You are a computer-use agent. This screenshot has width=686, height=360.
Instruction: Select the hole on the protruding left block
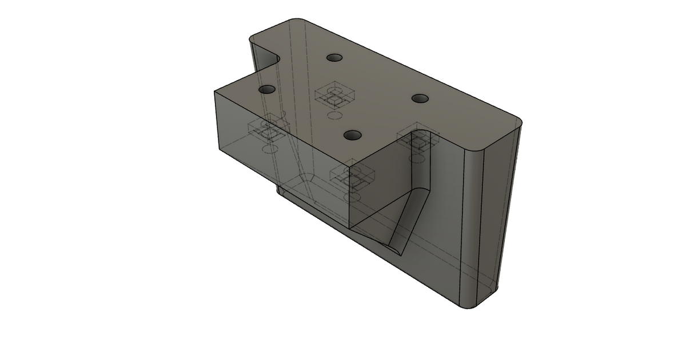[x=266, y=90]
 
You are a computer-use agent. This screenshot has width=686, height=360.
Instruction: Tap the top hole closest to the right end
[x=420, y=98]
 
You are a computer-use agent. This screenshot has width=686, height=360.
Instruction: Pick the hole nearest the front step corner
[x=353, y=135]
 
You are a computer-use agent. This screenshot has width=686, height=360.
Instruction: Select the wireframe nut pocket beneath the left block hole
[x=268, y=131]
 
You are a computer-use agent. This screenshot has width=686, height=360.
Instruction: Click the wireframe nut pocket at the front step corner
[x=354, y=178]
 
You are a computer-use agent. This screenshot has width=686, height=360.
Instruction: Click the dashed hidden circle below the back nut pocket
[x=332, y=116]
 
